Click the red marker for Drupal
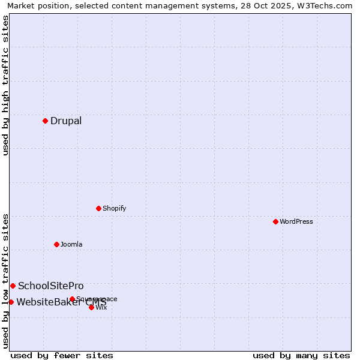tap(45, 121)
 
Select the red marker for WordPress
tap(275, 221)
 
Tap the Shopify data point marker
tap(98, 208)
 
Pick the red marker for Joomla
tap(56, 244)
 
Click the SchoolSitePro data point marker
tap(13, 286)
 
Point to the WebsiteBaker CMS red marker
tap(11, 302)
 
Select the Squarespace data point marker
tap(72, 299)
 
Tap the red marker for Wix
tap(91, 307)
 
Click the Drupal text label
tap(66, 121)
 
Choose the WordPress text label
tap(296, 221)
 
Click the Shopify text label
tap(114, 208)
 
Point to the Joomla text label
tap(71, 244)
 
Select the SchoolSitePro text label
tap(51, 286)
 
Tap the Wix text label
tap(101, 307)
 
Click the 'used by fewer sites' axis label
tap(62, 355)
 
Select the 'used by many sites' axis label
tap(301, 355)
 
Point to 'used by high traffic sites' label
tap(5, 85)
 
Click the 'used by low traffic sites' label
tap(5, 280)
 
